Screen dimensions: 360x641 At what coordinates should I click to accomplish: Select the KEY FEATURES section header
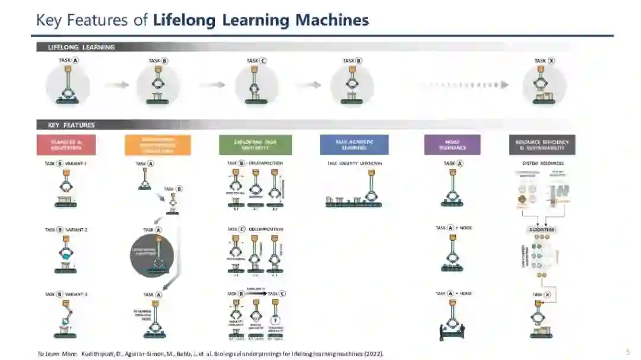[71, 125]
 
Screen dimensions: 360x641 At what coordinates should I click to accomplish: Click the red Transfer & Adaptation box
[66, 145]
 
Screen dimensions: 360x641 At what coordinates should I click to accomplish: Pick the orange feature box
[158, 145]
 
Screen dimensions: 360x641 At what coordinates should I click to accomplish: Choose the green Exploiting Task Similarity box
[255, 145]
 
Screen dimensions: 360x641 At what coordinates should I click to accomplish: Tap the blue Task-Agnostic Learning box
[354, 145]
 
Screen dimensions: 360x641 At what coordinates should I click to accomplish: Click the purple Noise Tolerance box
[452, 145]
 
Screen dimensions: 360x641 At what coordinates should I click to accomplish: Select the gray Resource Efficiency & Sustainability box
[542, 145]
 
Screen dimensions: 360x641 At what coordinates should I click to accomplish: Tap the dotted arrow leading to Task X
[463, 85]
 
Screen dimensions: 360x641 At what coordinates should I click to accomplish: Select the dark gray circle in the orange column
[152, 256]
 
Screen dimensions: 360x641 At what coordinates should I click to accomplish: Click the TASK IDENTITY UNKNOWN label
[355, 163]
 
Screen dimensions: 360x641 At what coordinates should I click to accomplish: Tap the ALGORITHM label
[542, 230]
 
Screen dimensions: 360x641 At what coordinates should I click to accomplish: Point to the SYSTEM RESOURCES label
[542, 163]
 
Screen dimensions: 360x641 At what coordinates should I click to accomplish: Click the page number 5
[628, 352]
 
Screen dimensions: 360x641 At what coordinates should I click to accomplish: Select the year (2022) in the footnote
[374, 354]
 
